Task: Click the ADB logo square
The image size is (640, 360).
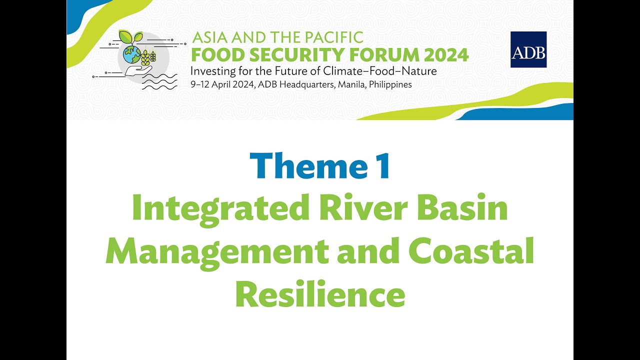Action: (x=528, y=49)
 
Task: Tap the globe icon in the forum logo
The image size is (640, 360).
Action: (x=132, y=54)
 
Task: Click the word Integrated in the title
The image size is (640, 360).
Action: (x=220, y=210)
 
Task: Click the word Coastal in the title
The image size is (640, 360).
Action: (x=471, y=252)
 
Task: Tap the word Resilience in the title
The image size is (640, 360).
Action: (x=320, y=295)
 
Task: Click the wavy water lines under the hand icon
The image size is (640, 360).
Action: (x=159, y=81)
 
